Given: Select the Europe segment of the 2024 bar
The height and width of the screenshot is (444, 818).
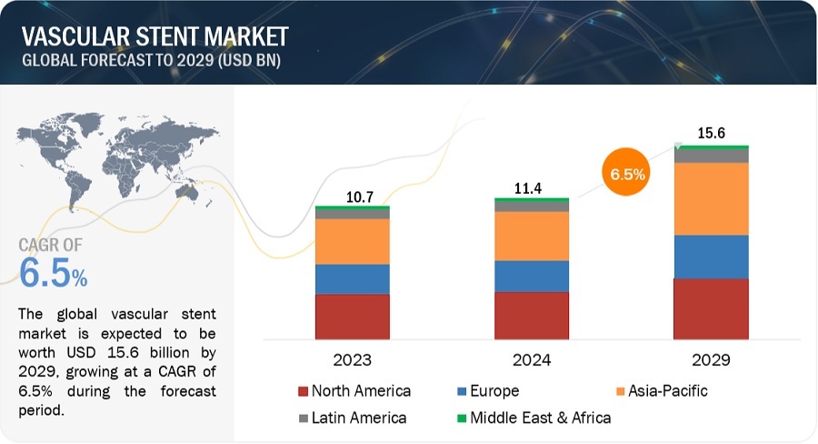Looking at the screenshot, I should pos(532,276).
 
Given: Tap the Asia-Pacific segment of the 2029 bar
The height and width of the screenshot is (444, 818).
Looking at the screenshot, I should pos(711,199).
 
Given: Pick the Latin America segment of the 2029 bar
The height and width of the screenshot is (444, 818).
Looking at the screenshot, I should pos(711,156).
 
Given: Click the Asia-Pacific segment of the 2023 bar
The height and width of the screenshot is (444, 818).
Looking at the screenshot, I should pos(353,242).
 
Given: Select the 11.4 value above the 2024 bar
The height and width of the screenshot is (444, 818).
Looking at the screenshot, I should pos(532,187).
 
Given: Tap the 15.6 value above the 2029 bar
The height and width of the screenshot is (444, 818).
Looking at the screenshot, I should pos(711,133).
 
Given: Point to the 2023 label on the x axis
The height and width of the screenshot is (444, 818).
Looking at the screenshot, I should pos(353,359).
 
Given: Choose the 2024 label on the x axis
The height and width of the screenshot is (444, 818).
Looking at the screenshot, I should pos(532,359).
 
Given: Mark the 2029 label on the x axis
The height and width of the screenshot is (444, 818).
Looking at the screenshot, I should pos(711,359).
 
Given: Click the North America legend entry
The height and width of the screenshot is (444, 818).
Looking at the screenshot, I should pos(354,391).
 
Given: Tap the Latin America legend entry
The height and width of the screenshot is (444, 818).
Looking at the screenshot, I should pos(354,419).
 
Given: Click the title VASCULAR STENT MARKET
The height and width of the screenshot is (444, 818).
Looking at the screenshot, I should pos(155,36).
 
